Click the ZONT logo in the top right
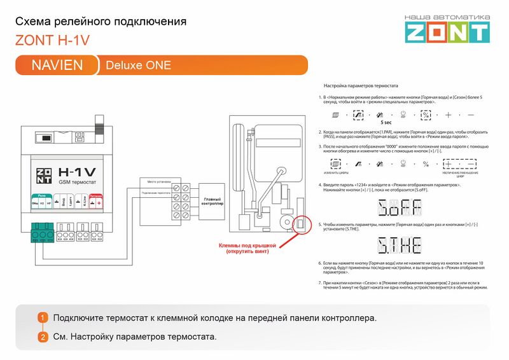click(x=448, y=29)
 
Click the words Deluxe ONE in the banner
click(x=138, y=65)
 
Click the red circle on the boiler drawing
click(x=298, y=225)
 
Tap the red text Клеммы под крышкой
click(x=247, y=248)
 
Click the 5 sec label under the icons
click(x=386, y=121)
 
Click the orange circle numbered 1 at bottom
click(x=43, y=318)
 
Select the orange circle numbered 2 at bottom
click(x=43, y=336)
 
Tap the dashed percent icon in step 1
click(x=426, y=114)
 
